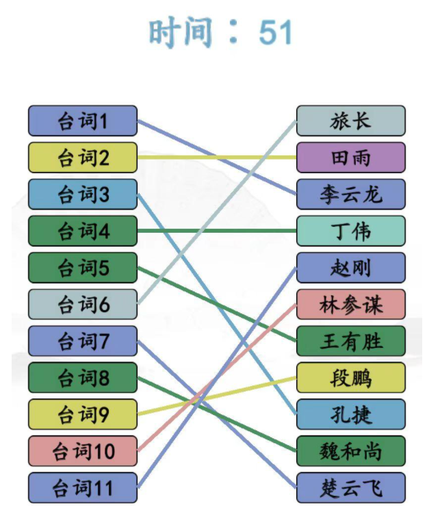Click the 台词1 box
pyautogui.click(x=83, y=121)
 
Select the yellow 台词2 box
pyautogui.click(x=83, y=157)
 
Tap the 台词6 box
pyautogui.click(x=83, y=304)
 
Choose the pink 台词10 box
pyautogui.click(x=83, y=451)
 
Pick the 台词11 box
pyautogui.click(x=83, y=488)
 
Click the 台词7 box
pyautogui.click(x=83, y=341)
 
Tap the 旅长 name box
pyautogui.click(x=350, y=121)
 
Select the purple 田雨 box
pyautogui.click(x=350, y=157)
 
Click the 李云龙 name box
pyautogui.click(x=350, y=194)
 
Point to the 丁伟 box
pyautogui.click(x=350, y=231)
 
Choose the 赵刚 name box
pyautogui.click(x=350, y=268)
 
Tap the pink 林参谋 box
pyautogui.click(x=350, y=304)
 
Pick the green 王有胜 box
pyautogui.click(x=350, y=341)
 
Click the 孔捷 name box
pyautogui.click(x=350, y=414)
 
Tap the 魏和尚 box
pyautogui.click(x=350, y=451)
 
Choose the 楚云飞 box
pyautogui.click(x=350, y=488)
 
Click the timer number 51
pyautogui.click(x=276, y=32)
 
